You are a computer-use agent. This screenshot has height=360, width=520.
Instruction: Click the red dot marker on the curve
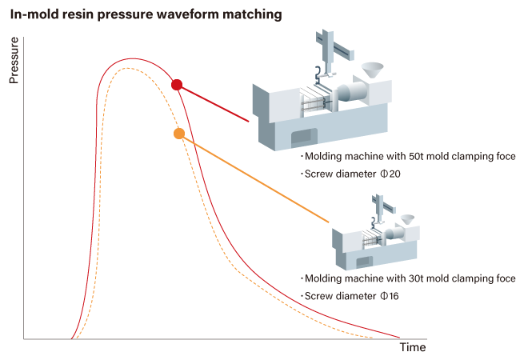click(x=177, y=85)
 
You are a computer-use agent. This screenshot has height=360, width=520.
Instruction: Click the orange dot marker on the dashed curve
click(x=179, y=134)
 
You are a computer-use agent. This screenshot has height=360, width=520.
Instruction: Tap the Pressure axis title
click(x=14, y=60)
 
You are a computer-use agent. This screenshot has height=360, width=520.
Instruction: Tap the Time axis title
click(x=413, y=347)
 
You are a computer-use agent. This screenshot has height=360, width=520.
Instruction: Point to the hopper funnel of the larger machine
click(x=373, y=70)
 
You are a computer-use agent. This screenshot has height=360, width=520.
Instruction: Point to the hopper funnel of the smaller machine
click(x=407, y=219)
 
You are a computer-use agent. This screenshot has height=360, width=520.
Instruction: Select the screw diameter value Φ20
click(x=390, y=174)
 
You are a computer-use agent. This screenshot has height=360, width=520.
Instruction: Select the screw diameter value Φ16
click(x=390, y=296)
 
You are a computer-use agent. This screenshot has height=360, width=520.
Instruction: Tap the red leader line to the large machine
click(x=213, y=103)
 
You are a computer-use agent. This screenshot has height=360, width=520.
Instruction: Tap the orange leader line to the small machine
click(x=254, y=178)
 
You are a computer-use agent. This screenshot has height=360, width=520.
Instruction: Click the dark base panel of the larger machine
click(x=304, y=138)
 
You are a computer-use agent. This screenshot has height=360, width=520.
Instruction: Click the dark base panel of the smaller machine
click(x=365, y=262)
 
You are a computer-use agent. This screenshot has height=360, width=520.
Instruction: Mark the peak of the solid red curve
click(x=132, y=58)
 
